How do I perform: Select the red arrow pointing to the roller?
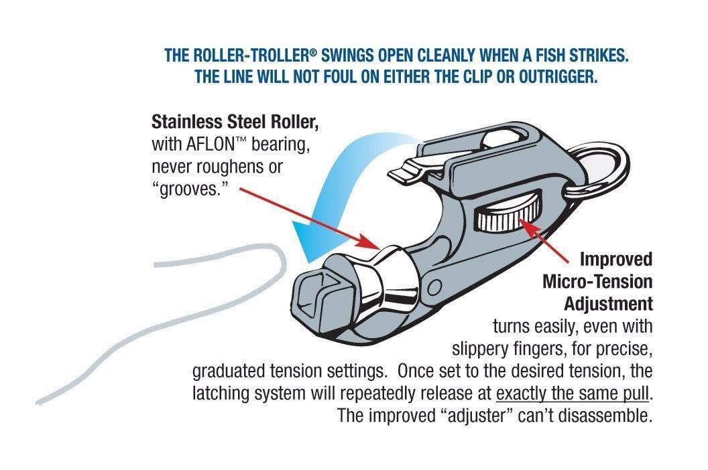302,214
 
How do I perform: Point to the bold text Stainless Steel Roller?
235,123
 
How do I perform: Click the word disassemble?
606,415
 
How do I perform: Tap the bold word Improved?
615,259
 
